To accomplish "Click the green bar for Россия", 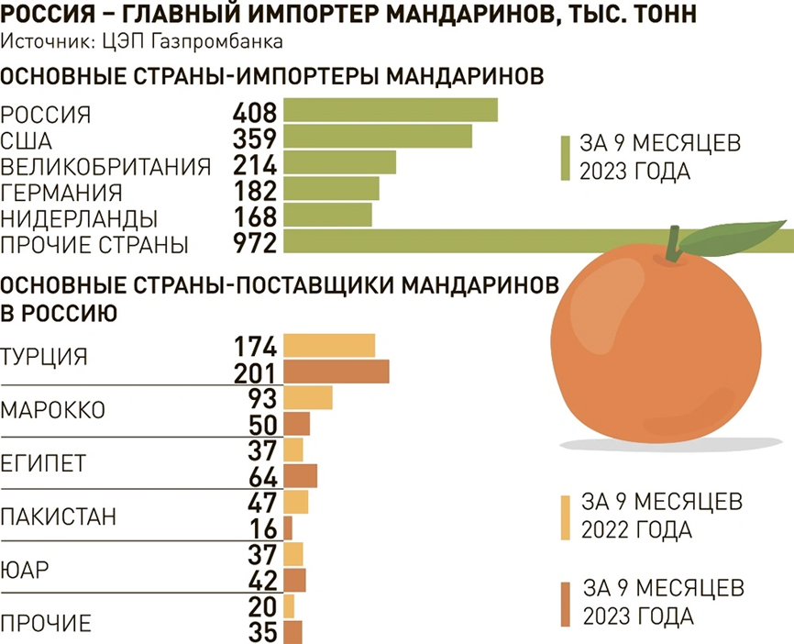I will tap(390, 111).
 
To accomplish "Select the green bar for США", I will tap(377, 137).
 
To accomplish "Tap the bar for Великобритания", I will tap(339, 163).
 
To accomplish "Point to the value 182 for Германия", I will tap(255, 191).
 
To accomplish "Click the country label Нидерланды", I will tap(80, 219).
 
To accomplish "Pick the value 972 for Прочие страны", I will tap(255, 243).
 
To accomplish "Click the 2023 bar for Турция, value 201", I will tap(336, 372).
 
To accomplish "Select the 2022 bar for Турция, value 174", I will tap(329, 347).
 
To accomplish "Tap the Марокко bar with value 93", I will tap(307, 399).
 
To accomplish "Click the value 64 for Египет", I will tap(263, 476).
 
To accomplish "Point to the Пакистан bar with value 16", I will tap(288, 528).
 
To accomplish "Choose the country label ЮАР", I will tap(26, 570).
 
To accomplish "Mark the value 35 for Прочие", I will tap(263, 632).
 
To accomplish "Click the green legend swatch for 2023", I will tap(566, 159).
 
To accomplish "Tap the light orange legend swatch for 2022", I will tap(566, 516).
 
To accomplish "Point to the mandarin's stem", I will tap(674, 243).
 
